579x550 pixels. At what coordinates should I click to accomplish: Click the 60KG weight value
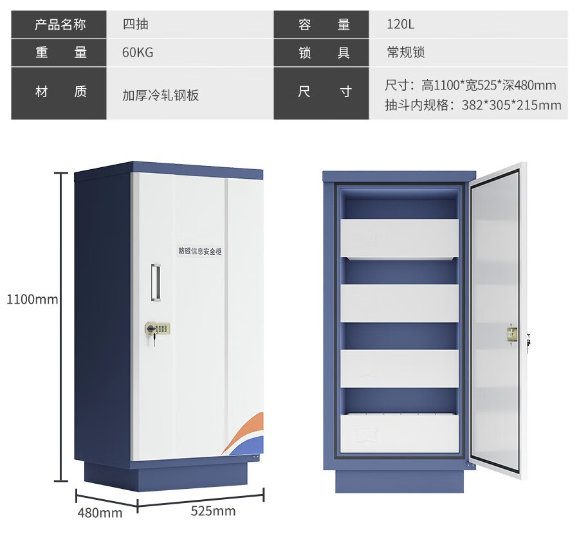click(x=138, y=52)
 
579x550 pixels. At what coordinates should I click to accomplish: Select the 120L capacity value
click(x=400, y=24)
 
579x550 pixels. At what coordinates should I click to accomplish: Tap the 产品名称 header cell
click(x=59, y=24)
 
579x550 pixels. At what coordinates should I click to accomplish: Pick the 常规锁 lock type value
click(x=405, y=52)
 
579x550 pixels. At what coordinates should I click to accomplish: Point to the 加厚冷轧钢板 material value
click(x=160, y=95)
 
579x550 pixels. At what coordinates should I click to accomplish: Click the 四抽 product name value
click(x=135, y=24)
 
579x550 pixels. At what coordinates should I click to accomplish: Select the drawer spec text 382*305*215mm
click(x=511, y=105)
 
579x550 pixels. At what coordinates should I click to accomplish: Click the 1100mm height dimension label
click(x=32, y=299)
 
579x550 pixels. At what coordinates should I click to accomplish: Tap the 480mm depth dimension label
click(x=100, y=513)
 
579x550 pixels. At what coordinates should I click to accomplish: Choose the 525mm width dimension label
click(x=213, y=511)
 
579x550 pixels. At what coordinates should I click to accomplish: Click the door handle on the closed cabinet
click(x=156, y=282)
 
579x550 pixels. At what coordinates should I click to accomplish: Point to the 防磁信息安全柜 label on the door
click(x=200, y=252)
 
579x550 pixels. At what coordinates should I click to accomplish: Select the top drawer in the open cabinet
click(x=399, y=238)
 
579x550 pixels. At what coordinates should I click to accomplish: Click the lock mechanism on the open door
click(x=512, y=334)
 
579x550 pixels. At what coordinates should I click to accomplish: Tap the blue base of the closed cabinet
click(x=166, y=476)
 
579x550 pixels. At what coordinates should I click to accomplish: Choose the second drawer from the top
click(x=399, y=304)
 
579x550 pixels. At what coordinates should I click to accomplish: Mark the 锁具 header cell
click(x=321, y=52)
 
